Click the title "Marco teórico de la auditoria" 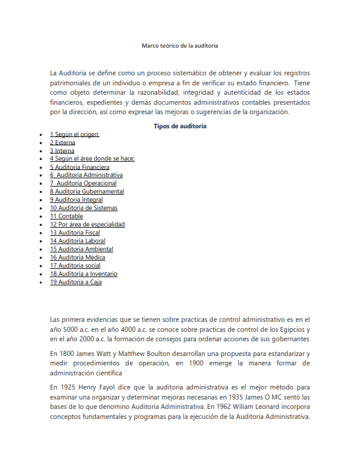coord(180,45)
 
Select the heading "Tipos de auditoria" coord(180,126)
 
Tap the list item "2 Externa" coord(62,142)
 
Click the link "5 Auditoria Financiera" coord(79,167)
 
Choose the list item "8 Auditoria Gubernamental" coord(86,192)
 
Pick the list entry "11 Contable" coord(66,217)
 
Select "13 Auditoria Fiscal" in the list coord(75,233)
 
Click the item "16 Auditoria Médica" coord(78,257)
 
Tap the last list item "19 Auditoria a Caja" coord(76,282)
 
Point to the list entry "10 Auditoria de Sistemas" coord(84,208)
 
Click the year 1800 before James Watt coord(66,354)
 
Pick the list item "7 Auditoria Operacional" coord(84,184)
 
